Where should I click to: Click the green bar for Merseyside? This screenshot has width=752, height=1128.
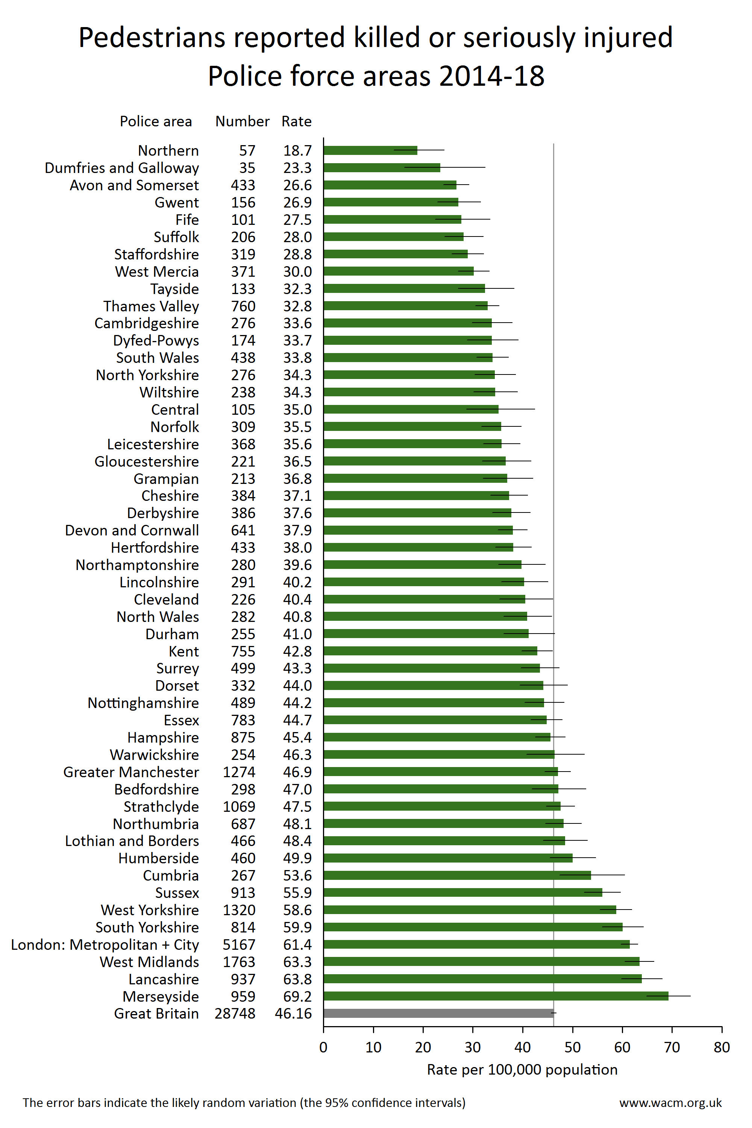[x=496, y=996]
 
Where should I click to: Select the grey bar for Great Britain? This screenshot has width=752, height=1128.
[x=439, y=1013]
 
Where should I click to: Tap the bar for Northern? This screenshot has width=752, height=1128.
[x=370, y=150]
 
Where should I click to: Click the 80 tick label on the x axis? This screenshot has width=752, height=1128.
[x=722, y=1047]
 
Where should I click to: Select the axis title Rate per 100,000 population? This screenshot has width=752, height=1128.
[x=522, y=1070]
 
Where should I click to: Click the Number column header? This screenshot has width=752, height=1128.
[x=242, y=121]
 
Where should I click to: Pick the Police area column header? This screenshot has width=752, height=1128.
[x=156, y=121]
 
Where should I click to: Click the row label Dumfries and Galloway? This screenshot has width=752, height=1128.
[x=122, y=168]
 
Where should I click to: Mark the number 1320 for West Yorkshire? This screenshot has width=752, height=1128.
[x=239, y=910]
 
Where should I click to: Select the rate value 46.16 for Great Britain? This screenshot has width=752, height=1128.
[x=294, y=1013]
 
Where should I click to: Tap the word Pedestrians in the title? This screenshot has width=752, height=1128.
[x=152, y=38]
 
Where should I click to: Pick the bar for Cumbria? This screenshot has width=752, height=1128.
[x=457, y=875]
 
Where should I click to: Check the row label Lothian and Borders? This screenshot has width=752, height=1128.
[x=132, y=841]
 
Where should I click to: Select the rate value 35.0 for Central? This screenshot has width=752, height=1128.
[x=297, y=409]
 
